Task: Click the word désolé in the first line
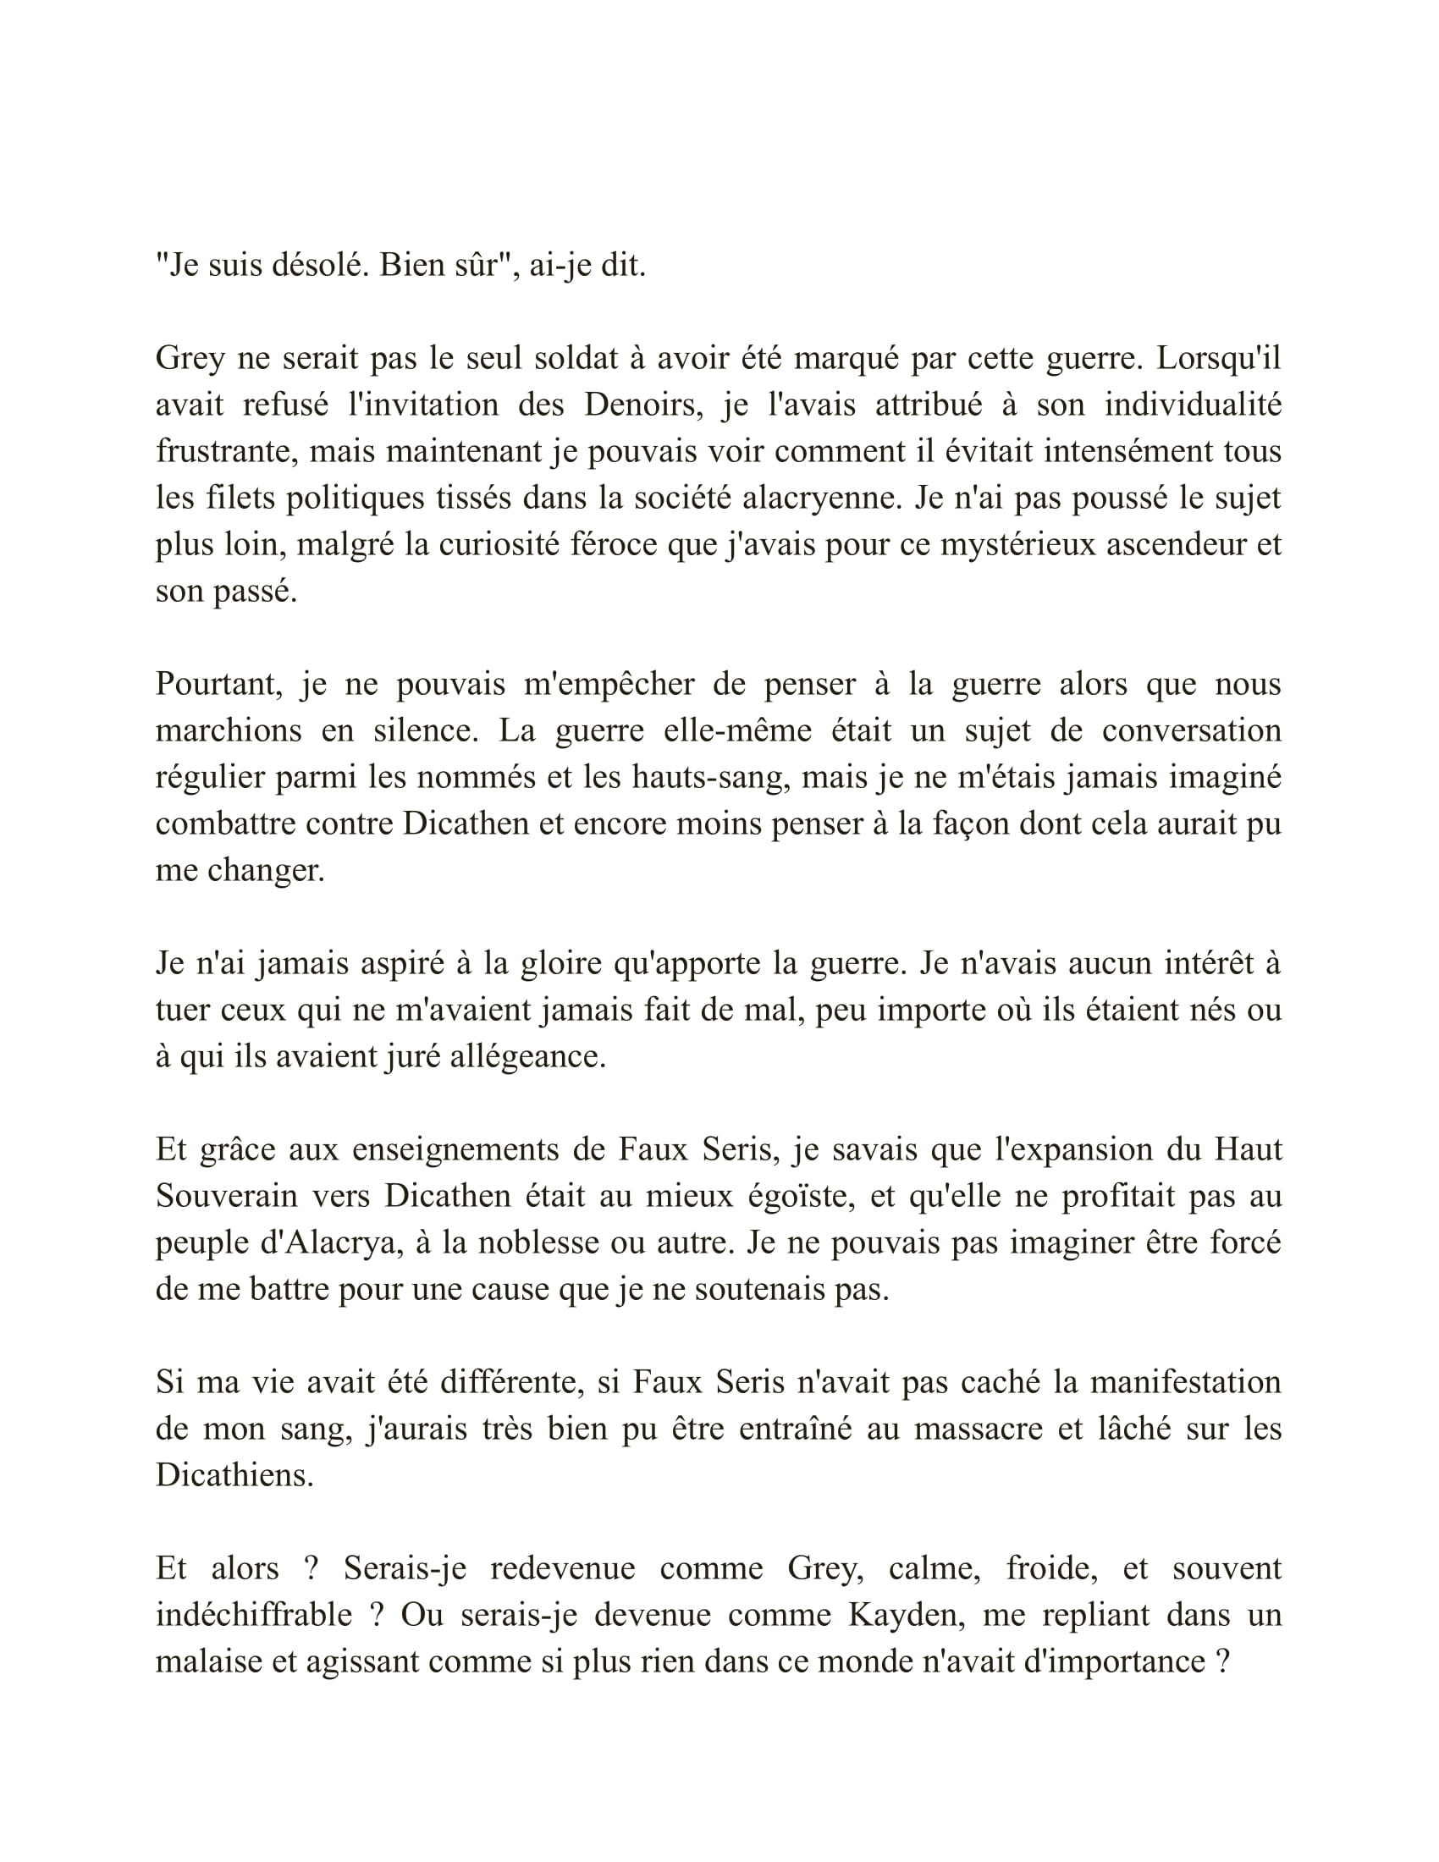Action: point(318,266)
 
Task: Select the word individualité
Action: point(1193,404)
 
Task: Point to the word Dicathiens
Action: point(234,1476)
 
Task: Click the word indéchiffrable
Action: point(254,1615)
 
